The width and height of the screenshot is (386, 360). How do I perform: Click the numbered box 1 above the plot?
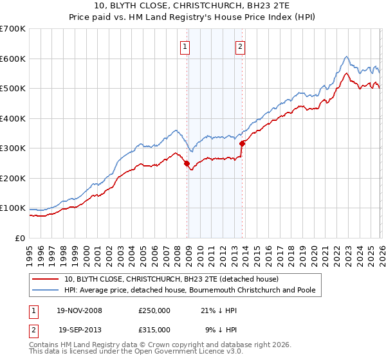[x=185, y=46]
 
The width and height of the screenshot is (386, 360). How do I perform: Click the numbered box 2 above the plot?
[x=240, y=46]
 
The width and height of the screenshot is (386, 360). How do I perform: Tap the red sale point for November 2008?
[x=187, y=163]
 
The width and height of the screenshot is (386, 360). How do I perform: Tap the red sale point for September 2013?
[x=243, y=144]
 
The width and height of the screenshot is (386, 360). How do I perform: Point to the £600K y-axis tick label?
[x=13, y=59]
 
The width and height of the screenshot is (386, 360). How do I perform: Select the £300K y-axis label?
[x=13, y=148]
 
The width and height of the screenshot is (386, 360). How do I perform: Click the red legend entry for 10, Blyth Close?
[x=170, y=280]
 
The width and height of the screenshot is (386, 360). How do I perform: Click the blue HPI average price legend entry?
[x=190, y=291]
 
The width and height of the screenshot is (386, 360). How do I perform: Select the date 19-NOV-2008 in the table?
[x=80, y=310]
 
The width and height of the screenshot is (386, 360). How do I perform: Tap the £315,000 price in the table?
[x=154, y=329]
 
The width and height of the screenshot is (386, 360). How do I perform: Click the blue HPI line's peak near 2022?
[x=346, y=57]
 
